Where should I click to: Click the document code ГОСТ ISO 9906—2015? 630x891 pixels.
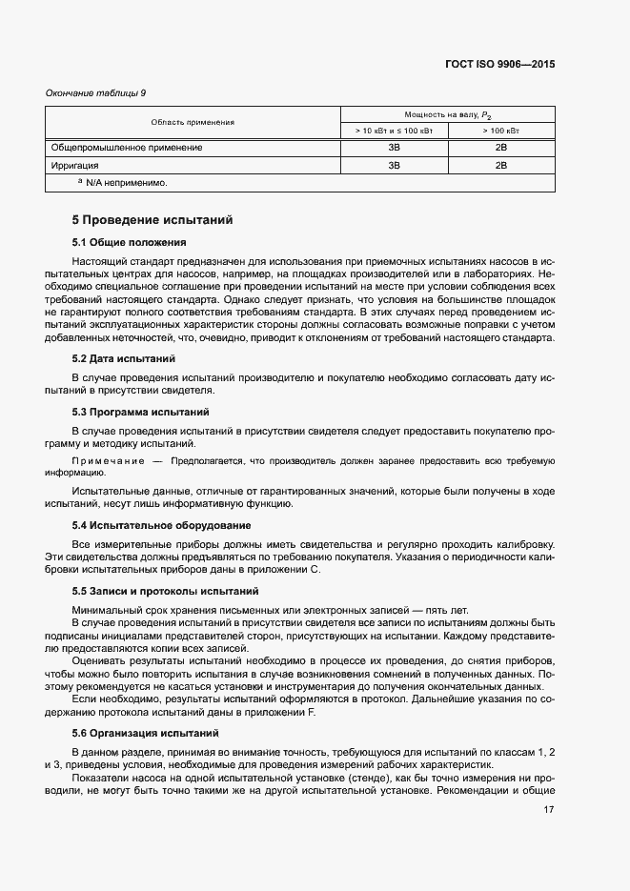click(x=499, y=65)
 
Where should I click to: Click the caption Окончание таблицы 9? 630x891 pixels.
click(x=96, y=92)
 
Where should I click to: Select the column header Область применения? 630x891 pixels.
click(x=193, y=122)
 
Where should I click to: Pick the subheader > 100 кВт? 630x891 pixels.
click(x=500, y=131)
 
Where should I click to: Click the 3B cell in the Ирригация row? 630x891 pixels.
click(x=394, y=165)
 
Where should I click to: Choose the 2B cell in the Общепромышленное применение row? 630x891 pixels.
click(x=500, y=148)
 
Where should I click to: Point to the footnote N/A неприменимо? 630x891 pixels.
click(x=124, y=182)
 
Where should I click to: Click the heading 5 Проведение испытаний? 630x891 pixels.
click(x=152, y=220)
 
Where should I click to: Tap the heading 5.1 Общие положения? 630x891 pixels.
click(x=130, y=242)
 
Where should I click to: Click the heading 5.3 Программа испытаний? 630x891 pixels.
click(x=141, y=412)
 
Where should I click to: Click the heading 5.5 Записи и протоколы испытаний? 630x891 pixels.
click(x=166, y=591)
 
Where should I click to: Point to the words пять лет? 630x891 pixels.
click(x=460, y=610)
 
